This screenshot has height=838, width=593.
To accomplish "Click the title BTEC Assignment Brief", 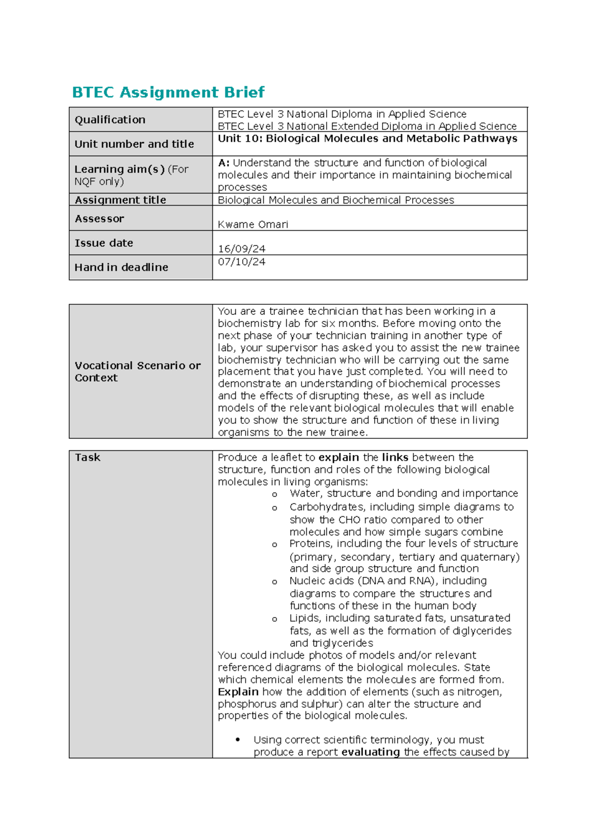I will [x=168, y=92].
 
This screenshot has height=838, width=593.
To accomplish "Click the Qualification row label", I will [x=110, y=120].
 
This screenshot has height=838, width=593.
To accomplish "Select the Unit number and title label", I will [x=134, y=144].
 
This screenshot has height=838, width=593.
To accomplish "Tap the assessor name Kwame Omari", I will [x=253, y=224].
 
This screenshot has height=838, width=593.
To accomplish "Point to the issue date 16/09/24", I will [x=241, y=249].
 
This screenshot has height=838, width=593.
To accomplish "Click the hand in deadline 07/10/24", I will [x=241, y=262].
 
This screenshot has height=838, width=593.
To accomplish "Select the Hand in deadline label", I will [x=121, y=267].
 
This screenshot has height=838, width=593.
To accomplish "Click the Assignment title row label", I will [x=120, y=200].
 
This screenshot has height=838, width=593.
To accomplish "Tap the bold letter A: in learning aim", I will [x=223, y=163].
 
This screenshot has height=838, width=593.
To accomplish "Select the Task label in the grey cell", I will [x=87, y=458].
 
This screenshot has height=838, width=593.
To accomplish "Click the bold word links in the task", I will [x=395, y=458].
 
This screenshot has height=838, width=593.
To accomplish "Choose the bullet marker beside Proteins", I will [x=274, y=545].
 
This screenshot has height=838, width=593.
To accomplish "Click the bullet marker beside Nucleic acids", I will [x=274, y=582].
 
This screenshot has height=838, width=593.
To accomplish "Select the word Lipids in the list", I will [x=304, y=618].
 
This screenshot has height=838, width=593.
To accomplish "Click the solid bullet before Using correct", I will [x=238, y=740].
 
